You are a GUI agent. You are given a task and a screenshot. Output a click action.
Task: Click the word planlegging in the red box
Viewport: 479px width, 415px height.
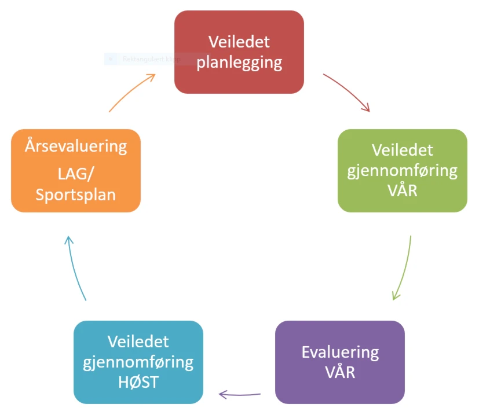(239, 62)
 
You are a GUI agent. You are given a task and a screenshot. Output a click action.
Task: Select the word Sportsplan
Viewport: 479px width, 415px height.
(75, 194)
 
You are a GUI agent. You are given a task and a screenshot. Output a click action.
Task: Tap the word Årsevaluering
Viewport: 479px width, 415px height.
(75, 145)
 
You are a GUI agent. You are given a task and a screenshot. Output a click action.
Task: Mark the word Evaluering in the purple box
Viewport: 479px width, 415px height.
(340, 352)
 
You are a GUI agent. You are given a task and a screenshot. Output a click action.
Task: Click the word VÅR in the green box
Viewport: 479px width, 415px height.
(403, 189)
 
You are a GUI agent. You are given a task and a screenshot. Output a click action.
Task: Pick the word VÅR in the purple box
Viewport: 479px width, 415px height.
(340, 371)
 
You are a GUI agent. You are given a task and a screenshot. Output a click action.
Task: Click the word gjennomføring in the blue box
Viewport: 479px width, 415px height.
(138, 362)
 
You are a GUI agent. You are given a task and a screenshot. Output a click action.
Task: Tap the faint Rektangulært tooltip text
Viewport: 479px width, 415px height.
(151, 59)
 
